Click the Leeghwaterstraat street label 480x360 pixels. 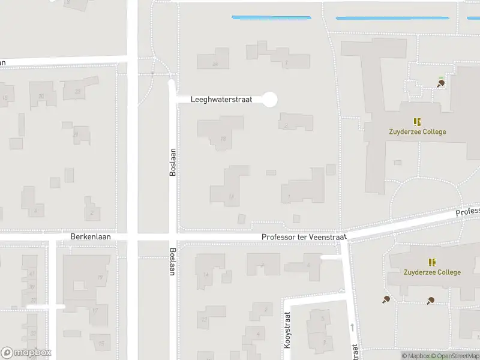coord(221,99)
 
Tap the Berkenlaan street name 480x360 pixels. coord(91,238)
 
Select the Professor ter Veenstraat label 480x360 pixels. coord(304,238)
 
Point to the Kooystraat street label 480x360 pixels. coord(287,331)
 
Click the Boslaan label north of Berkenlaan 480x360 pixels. coord(173,162)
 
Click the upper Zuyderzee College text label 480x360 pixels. coord(416,132)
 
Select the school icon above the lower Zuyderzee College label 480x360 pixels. coord(431,262)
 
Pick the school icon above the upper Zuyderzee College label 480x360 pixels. coord(417,122)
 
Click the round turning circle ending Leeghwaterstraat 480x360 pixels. coord(271,99)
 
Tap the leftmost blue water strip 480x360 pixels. coord(271,17)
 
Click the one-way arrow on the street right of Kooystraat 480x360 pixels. coord(352,326)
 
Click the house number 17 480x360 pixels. coord(94,310)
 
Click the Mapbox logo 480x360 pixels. coord(26,353)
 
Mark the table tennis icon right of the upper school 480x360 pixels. coord(440,83)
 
